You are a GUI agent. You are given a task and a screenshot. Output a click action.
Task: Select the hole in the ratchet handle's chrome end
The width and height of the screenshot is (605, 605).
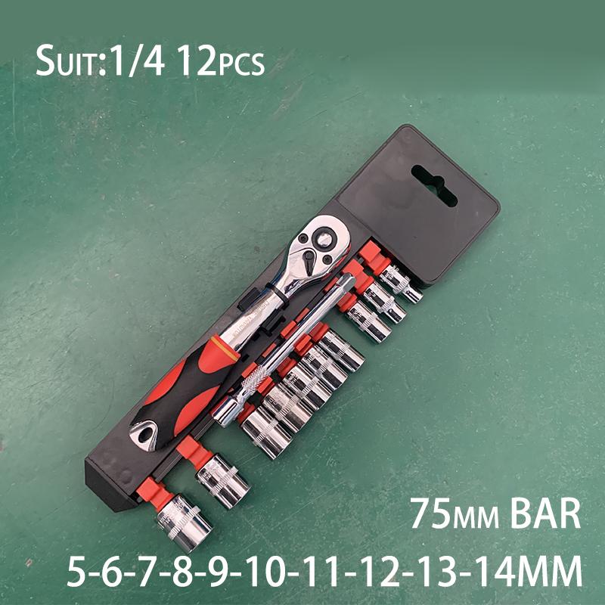(x=141, y=433)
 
